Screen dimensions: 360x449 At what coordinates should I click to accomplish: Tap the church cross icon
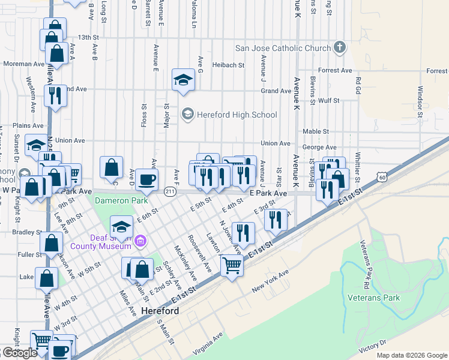[x=340, y=48]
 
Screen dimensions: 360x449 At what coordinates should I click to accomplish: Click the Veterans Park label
[x=373, y=297]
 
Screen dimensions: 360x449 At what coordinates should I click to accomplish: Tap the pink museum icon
[x=140, y=242]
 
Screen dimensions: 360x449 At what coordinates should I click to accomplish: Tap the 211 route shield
[x=170, y=191]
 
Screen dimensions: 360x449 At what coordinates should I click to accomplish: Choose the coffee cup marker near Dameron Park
[x=146, y=178]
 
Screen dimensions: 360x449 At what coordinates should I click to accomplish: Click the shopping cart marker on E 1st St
[x=232, y=265]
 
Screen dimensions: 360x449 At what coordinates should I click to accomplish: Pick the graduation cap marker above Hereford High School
[x=183, y=79]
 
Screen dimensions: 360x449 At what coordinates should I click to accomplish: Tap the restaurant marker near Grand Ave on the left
[x=55, y=95]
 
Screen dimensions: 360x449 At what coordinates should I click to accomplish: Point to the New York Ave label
[x=270, y=280]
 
